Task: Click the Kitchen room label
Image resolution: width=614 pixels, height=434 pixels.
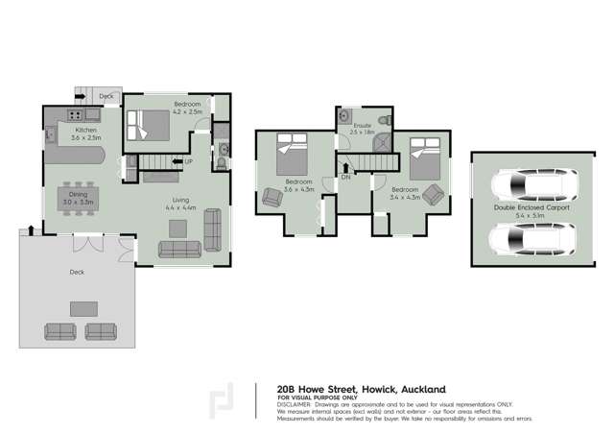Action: [86, 129]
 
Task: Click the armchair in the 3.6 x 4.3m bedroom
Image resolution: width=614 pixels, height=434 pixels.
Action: [272, 198]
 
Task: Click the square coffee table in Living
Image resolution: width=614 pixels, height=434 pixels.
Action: [178, 228]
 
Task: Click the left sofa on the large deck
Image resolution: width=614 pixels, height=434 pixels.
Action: [60, 330]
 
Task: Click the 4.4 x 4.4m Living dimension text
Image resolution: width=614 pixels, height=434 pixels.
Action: [181, 207]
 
